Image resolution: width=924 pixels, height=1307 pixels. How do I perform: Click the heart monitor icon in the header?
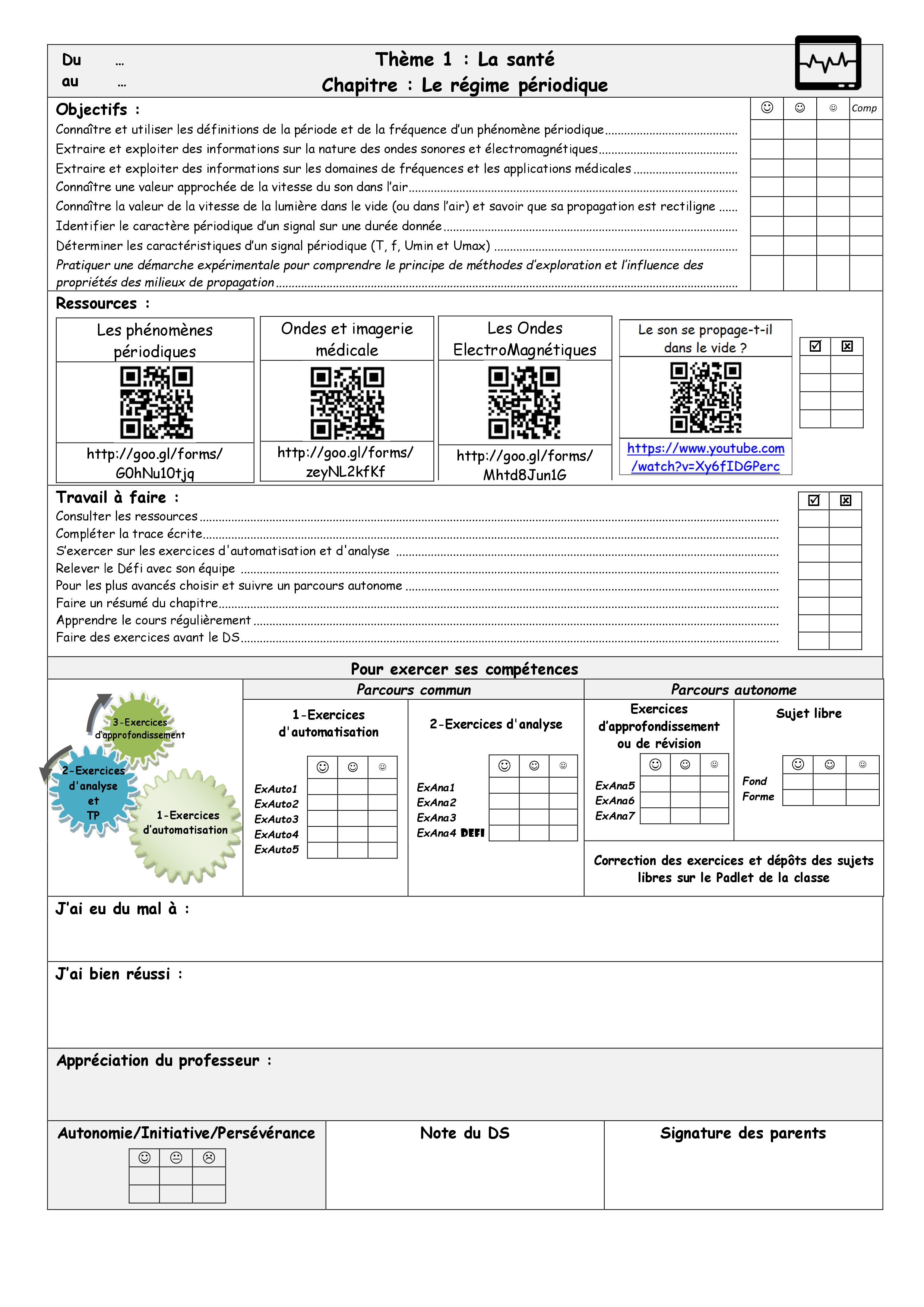tap(828, 63)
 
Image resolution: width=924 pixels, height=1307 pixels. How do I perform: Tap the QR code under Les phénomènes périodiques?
tap(156, 402)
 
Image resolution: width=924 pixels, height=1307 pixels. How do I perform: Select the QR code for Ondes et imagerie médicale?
tap(347, 402)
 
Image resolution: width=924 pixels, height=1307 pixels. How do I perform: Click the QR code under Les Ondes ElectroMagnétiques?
tap(524, 402)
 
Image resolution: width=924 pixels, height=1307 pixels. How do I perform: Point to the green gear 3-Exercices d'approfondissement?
tap(139, 729)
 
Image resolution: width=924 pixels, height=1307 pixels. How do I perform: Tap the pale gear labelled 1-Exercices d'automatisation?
tap(186, 823)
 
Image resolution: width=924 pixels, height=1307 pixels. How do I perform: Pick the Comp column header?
tap(864, 108)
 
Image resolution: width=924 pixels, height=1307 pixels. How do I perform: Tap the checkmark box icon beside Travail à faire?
tap(814, 500)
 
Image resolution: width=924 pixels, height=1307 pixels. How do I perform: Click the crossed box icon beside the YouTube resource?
tap(847, 346)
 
